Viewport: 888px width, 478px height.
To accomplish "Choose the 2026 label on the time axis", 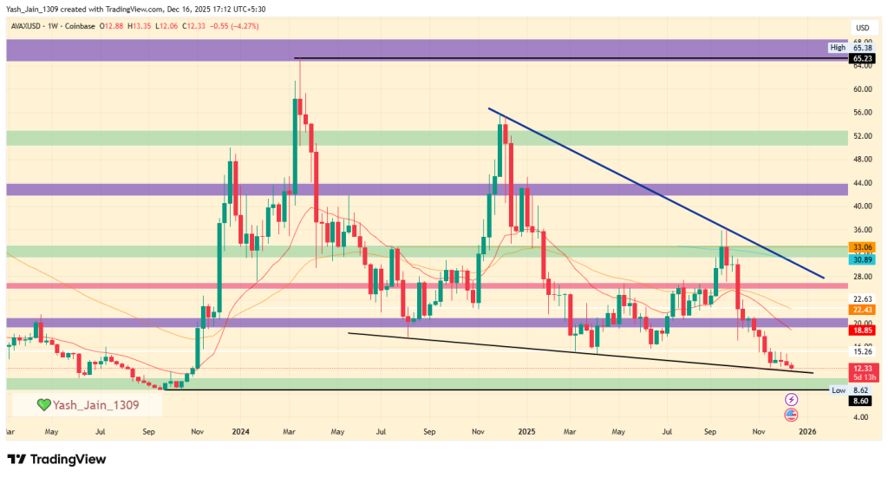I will tap(808, 430).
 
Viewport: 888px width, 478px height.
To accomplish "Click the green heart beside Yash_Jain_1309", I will tap(42, 405).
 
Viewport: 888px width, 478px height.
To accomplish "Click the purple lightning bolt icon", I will tap(792, 400).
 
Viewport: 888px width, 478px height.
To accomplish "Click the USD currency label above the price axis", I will tap(862, 28).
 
